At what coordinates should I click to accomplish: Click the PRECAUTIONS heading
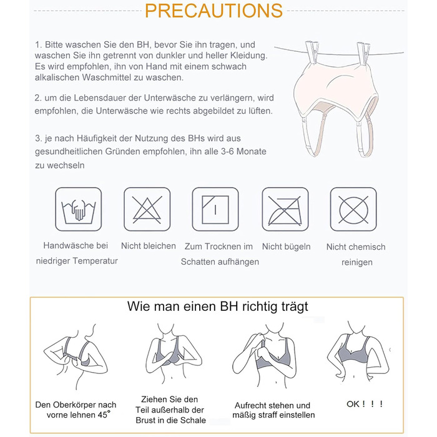click(x=214, y=11)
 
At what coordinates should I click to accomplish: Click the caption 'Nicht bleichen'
click(x=149, y=246)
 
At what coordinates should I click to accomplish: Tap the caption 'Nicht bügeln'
click(x=286, y=247)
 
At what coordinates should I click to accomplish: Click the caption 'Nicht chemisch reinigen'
click(x=356, y=255)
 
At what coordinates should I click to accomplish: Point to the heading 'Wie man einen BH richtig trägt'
click(x=217, y=307)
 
